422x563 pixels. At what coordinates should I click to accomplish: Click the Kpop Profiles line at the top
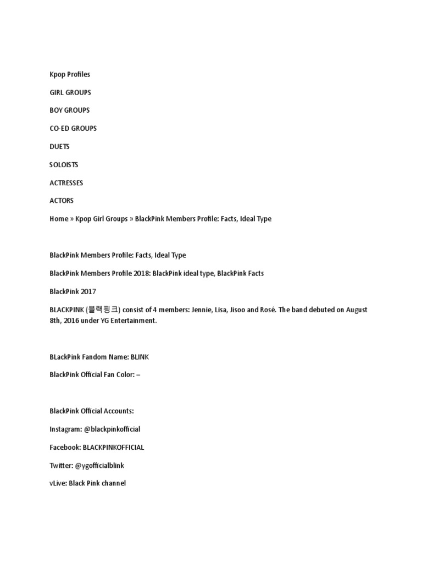[x=70, y=74]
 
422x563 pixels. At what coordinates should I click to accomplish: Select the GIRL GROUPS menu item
[x=70, y=92]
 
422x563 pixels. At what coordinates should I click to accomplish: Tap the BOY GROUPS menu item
[x=70, y=110]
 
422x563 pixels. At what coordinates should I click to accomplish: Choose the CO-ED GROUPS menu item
[x=73, y=128]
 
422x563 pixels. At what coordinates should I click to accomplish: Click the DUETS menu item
[x=59, y=147]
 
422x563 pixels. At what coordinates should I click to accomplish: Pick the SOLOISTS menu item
[x=64, y=164]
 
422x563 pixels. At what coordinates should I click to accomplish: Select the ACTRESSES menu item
[x=66, y=183]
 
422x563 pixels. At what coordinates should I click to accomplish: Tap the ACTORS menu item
[x=62, y=201]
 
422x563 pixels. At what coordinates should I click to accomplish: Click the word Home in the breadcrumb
[x=59, y=219]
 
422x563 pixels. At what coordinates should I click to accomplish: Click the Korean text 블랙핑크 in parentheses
[x=104, y=310]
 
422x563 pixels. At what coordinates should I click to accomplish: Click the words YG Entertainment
[x=131, y=321]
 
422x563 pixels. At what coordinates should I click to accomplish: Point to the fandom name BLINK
[x=140, y=357]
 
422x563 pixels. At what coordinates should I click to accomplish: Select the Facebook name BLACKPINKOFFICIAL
[x=113, y=447]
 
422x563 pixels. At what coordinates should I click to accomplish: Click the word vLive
[x=57, y=483]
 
